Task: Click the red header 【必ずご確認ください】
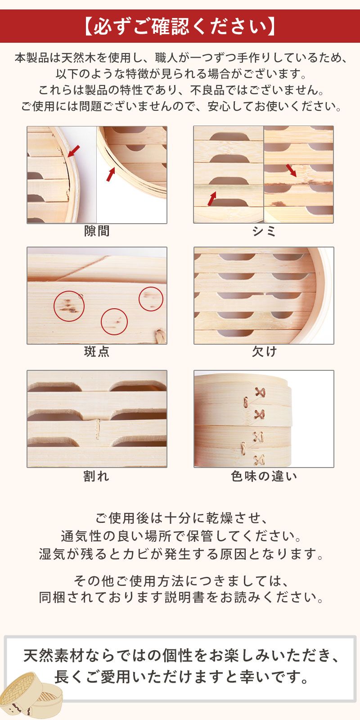pyautogui.click(x=180, y=26)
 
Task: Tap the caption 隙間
pyautogui.click(x=97, y=231)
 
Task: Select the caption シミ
pyautogui.click(x=264, y=231)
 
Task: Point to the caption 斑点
pyautogui.click(x=97, y=351)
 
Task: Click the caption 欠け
pyautogui.click(x=264, y=351)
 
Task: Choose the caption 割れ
pyautogui.click(x=96, y=476)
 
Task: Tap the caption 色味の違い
pyautogui.click(x=264, y=476)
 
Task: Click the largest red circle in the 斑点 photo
pyautogui.click(x=69, y=306)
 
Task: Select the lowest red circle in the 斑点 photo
pyautogui.click(x=114, y=321)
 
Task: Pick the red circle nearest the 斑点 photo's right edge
pyautogui.click(x=151, y=299)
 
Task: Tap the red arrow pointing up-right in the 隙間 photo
pyautogui.click(x=111, y=175)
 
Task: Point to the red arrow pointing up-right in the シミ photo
pyautogui.click(x=211, y=198)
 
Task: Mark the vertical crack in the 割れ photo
pyautogui.click(x=98, y=429)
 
